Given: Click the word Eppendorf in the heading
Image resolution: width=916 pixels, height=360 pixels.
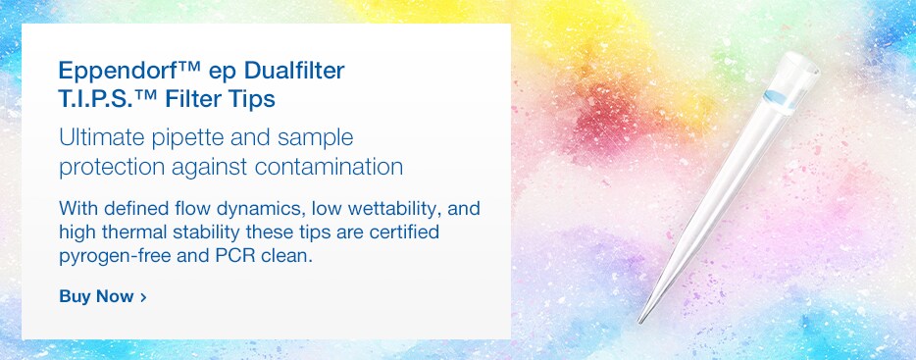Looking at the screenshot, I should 111,72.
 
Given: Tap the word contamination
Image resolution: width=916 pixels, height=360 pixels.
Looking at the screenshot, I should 329,166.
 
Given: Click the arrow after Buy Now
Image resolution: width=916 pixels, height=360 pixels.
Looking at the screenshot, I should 143,296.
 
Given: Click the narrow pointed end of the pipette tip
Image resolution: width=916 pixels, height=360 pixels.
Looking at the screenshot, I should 641,319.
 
